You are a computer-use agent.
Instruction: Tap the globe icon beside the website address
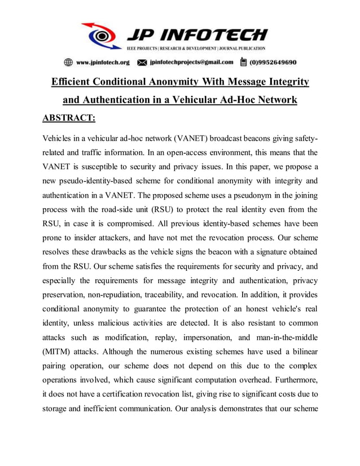68,62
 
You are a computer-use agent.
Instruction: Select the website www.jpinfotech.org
103,62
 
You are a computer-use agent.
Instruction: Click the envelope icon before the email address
142,62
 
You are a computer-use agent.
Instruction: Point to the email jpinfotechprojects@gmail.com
191,62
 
